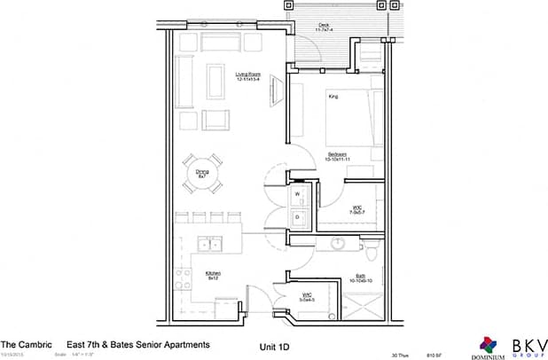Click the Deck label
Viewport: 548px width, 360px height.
click(324, 28)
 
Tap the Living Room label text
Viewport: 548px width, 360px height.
click(248, 77)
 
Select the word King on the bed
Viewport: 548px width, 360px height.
click(334, 95)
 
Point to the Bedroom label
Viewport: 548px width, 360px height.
click(334, 156)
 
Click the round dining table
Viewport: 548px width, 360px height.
click(203, 175)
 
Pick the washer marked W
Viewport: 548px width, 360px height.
click(298, 192)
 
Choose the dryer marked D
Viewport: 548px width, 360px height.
click(298, 215)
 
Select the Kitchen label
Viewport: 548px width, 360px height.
click(214, 275)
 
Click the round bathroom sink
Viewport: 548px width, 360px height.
click(338, 244)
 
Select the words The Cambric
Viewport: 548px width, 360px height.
click(20, 344)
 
